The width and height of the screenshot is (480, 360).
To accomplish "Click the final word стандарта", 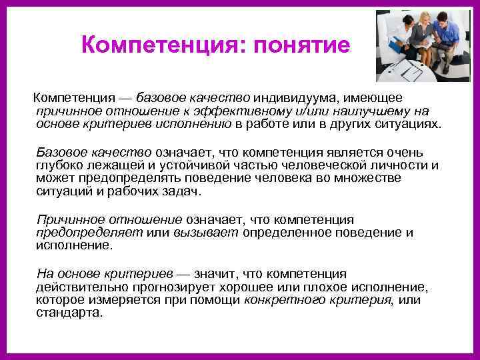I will point(69,312).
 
